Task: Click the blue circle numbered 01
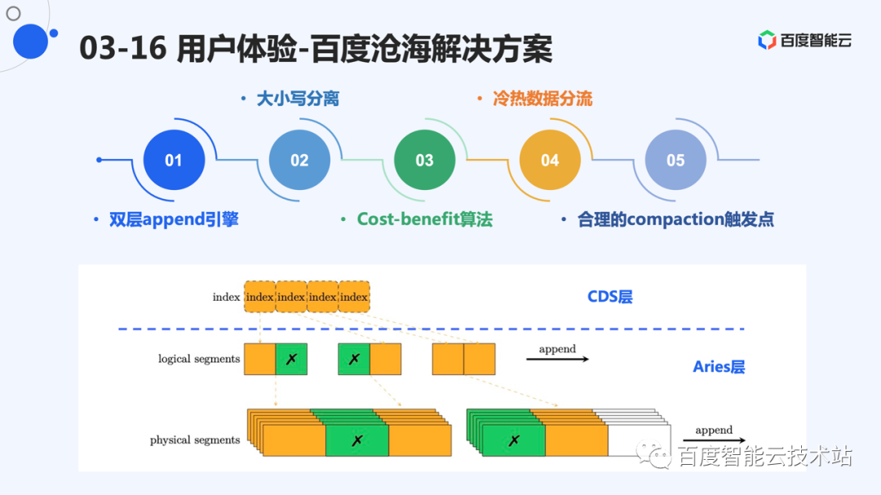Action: click(x=174, y=161)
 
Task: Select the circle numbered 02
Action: click(x=299, y=161)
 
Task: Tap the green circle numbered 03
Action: click(x=424, y=161)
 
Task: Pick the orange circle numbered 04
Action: click(x=550, y=161)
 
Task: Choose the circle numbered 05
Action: click(x=675, y=161)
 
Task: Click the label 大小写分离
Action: click(x=298, y=99)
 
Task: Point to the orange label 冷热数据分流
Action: click(x=542, y=99)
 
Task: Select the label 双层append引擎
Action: click(x=174, y=219)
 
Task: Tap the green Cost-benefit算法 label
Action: click(x=424, y=219)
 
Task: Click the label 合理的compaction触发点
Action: click(x=675, y=219)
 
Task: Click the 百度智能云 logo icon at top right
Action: click(x=767, y=40)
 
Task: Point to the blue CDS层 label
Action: click(x=610, y=297)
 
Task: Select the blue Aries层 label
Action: click(x=719, y=367)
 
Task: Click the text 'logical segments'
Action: click(x=199, y=359)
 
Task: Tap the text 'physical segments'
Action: click(x=195, y=440)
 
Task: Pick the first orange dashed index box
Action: click(x=260, y=297)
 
